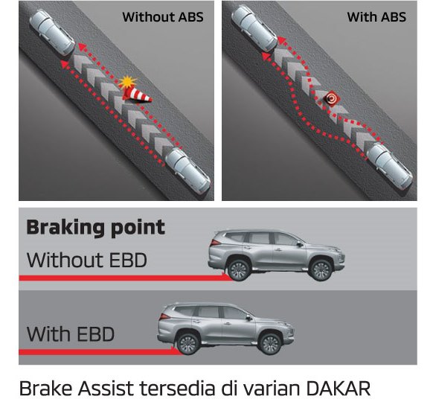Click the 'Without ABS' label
(163, 17)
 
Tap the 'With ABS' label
(376, 17)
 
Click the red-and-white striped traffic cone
(136, 95)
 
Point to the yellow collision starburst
(127, 82)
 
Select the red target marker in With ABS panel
(331, 98)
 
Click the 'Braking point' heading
(95, 228)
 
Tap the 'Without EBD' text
(87, 261)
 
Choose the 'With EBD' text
(71, 334)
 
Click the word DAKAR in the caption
(339, 388)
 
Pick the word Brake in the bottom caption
(46, 388)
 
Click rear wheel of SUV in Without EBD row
(239, 270)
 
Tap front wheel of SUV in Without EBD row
(321, 270)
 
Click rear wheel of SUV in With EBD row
(188, 344)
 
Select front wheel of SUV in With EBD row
(270, 344)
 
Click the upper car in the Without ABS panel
(52, 33)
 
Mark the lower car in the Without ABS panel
(187, 170)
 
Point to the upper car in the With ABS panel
(254, 28)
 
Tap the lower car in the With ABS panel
(390, 166)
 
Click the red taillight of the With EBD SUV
(165, 316)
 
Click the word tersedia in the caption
(177, 388)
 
